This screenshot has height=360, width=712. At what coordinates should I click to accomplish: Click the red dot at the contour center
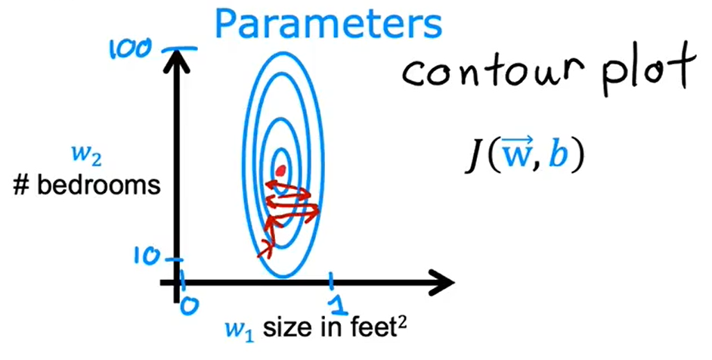282,172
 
